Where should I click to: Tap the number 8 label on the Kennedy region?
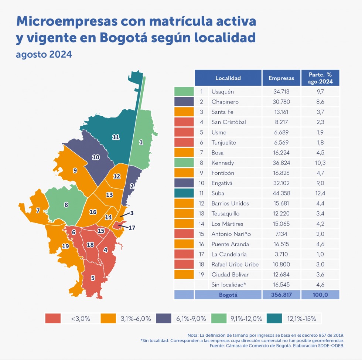pyautogui.click(x=66, y=204)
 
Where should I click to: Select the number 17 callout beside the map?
pyautogui.click(x=132, y=228)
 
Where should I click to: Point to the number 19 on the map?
pyautogui.click(x=65, y=246)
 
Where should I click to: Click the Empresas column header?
pyautogui.click(x=281, y=78)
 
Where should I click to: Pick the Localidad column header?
pyautogui.click(x=228, y=78)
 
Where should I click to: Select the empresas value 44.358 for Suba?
pyautogui.click(x=281, y=193)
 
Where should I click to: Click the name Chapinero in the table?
pyautogui.click(x=225, y=102)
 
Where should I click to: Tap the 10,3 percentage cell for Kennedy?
pyautogui.click(x=320, y=163)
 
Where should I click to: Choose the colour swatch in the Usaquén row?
pyautogui.click(x=184, y=91)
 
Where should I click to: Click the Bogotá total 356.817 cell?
pyautogui.click(x=281, y=295)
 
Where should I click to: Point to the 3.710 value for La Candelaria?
pyautogui.click(x=281, y=254)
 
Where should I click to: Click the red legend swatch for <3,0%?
pyautogui.click(x=53, y=318)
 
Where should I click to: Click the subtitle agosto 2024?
pyautogui.click(x=44, y=55)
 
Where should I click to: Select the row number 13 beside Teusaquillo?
pyautogui.click(x=202, y=214)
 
